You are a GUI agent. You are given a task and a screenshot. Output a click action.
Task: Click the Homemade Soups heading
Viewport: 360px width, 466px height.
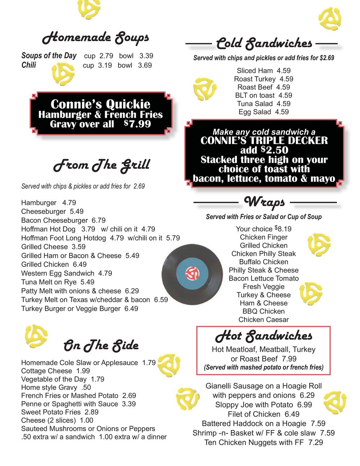(x=95, y=37)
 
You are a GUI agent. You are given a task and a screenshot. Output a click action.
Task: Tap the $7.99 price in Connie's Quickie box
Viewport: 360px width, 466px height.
(x=138, y=124)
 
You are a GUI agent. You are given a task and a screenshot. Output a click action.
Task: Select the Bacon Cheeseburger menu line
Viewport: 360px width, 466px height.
(x=63, y=220)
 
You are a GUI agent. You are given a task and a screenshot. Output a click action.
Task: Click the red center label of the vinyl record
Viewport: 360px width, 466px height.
(x=192, y=274)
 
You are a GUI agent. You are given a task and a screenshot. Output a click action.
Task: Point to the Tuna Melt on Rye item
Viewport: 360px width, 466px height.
(x=58, y=282)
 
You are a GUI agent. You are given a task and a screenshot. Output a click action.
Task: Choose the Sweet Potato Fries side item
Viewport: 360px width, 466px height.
(x=60, y=412)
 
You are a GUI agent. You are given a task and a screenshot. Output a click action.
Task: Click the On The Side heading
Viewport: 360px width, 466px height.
(x=101, y=345)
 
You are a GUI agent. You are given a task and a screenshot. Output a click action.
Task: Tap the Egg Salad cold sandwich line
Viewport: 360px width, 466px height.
(x=264, y=112)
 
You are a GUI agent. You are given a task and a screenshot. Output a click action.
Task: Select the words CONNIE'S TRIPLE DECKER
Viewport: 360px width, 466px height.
(x=264, y=140)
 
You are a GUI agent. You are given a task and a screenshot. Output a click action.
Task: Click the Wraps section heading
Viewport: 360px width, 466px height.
(x=265, y=202)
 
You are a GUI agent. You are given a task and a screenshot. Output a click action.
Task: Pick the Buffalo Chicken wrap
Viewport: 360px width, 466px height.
(x=264, y=262)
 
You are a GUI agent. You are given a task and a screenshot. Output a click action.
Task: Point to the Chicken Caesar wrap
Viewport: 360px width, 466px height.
(x=264, y=319)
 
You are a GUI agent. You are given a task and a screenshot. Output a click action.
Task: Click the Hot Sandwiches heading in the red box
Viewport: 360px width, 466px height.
(x=264, y=336)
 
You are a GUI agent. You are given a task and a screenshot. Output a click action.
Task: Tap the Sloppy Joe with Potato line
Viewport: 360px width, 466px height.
(x=264, y=405)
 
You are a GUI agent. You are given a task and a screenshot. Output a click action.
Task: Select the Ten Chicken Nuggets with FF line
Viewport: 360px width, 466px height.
(x=264, y=442)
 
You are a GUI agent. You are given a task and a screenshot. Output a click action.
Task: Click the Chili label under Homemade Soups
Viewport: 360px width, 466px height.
(x=29, y=65)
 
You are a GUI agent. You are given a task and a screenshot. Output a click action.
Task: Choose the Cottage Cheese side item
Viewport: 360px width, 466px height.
(x=55, y=371)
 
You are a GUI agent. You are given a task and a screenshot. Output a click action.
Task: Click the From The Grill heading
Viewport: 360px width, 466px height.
(x=102, y=165)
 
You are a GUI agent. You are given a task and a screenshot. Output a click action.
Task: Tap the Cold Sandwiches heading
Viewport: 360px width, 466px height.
(x=264, y=44)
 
